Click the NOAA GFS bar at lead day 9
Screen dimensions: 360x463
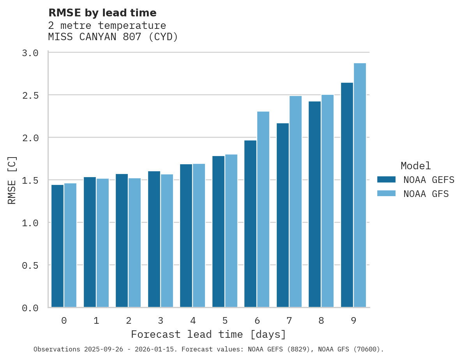point(360,185)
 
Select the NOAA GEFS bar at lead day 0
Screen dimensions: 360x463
point(57,246)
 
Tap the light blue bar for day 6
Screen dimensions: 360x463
point(263,209)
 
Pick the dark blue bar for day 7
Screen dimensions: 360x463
point(283,215)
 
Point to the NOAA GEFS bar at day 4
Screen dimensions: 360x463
point(186,236)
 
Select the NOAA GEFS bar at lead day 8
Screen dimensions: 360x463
point(315,204)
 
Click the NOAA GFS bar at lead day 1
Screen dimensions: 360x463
point(102,243)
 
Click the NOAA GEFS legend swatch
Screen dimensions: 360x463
point(386,179)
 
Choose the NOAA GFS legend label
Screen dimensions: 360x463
point(426,194)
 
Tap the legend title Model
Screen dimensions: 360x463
point(415,166)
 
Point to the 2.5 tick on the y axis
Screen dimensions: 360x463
point(30,96)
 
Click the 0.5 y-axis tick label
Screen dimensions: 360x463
point(30,266)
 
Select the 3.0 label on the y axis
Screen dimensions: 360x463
point(30,53)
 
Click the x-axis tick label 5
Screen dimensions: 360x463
point(225,321)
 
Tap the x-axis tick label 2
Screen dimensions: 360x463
point(128,321)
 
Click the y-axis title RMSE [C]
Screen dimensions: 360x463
point(12,180)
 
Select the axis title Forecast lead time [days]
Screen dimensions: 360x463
point(209,335)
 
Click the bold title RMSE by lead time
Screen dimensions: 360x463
point(102,13)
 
